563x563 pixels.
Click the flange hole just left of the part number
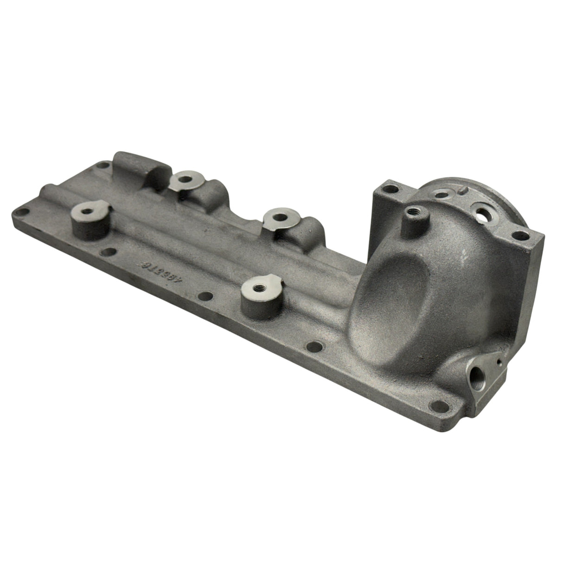coord(110,253)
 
